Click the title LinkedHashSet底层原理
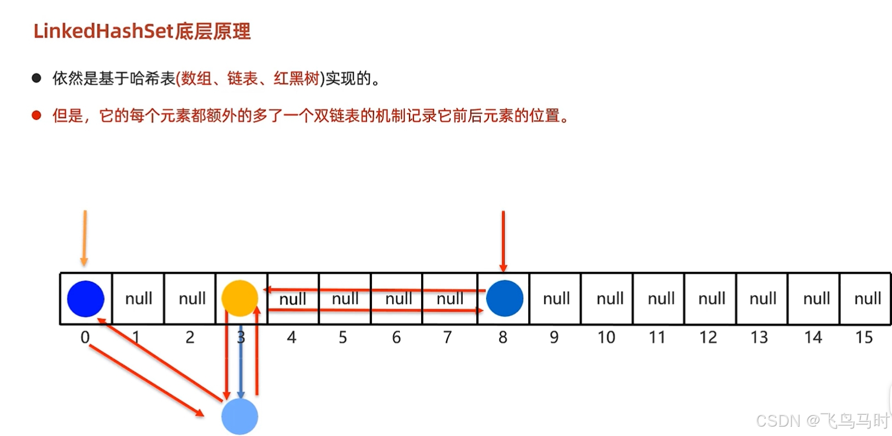(x=142, y=31)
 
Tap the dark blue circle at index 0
(x=86, y=299)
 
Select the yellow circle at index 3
(x=240, y=298)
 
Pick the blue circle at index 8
(x=504, y=298)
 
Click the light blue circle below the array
(x=240, y=416)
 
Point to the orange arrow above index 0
(x=85, y=238)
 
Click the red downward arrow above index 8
(x=503, y=241)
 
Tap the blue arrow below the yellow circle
(x=241, y=369)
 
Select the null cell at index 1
(x=138, y=299)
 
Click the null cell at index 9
(x=556, y=299)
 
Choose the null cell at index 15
(x=867, y=299)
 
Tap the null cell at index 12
(x=712, y=299)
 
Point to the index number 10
(x=606, y=338)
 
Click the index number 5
(x=343, y=338)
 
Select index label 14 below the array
(x=813, y=338)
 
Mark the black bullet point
(x=37, y=78)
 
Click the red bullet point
(x=37, y=115)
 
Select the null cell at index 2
(x=192, y=299)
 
